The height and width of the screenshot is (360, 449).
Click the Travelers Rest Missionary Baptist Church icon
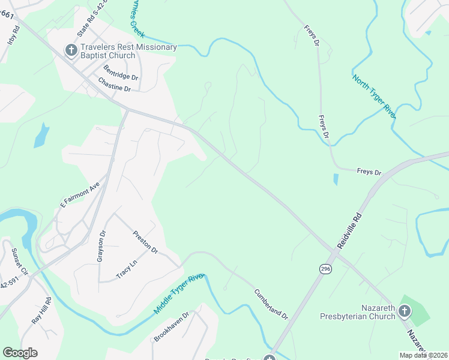point(71,50)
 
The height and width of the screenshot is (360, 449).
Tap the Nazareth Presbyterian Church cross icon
point(404,311)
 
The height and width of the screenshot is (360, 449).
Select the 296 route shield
point(325,269)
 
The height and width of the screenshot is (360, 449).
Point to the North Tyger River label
point(373,97)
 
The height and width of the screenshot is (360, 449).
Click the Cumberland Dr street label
point(271,304)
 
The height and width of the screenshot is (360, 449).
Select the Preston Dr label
point(145,242)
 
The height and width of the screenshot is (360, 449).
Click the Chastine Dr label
point(114,85)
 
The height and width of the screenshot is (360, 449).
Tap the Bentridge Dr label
point(121,73)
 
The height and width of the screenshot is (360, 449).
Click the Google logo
point(20,353)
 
